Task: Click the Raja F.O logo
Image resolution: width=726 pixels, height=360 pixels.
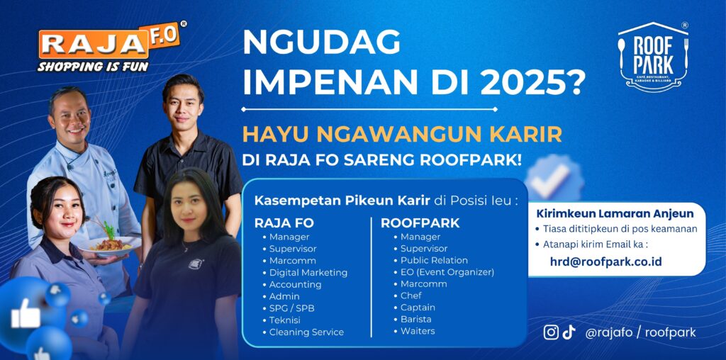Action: pyautogui.click(x=111, y=47)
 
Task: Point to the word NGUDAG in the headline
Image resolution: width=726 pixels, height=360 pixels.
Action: pyautogui.click(x=321, y=42)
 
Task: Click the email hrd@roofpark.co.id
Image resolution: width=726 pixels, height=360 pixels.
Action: pyautogui.click(x=605, y=261)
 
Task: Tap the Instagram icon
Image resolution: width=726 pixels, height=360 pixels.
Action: pyautogui.click(x=550, y=332)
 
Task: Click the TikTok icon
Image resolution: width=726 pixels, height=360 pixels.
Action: pyautogui.click(x=569, y=332)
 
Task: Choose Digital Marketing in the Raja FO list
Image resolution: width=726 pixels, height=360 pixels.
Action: pyautogui.click(x=308, y=273)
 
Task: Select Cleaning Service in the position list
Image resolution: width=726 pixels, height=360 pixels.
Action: pyautogui.click(x=306, y=332)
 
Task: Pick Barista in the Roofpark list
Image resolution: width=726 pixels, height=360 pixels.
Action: pyautogui.click(x=415, y=320)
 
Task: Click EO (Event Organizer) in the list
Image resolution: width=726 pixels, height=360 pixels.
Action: pyautogui.click(x=447, y=272)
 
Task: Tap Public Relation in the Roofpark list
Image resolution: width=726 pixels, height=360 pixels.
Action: pyautogui.click(x=435, y=260)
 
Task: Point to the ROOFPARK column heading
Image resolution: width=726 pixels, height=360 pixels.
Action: pyautogui.click(x=420, y=223)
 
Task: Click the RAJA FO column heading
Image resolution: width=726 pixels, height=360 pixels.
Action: pyautogui.click(x=284, y=223)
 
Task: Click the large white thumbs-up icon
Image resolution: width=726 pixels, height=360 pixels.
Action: pyautogui.click(x=26, y=314)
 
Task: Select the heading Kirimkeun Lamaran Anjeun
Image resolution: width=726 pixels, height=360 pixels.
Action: pyautogui.click(x=615, y=214)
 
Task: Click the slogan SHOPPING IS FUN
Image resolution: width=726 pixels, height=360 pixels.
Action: pyautogui.click(x=93, y=66)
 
